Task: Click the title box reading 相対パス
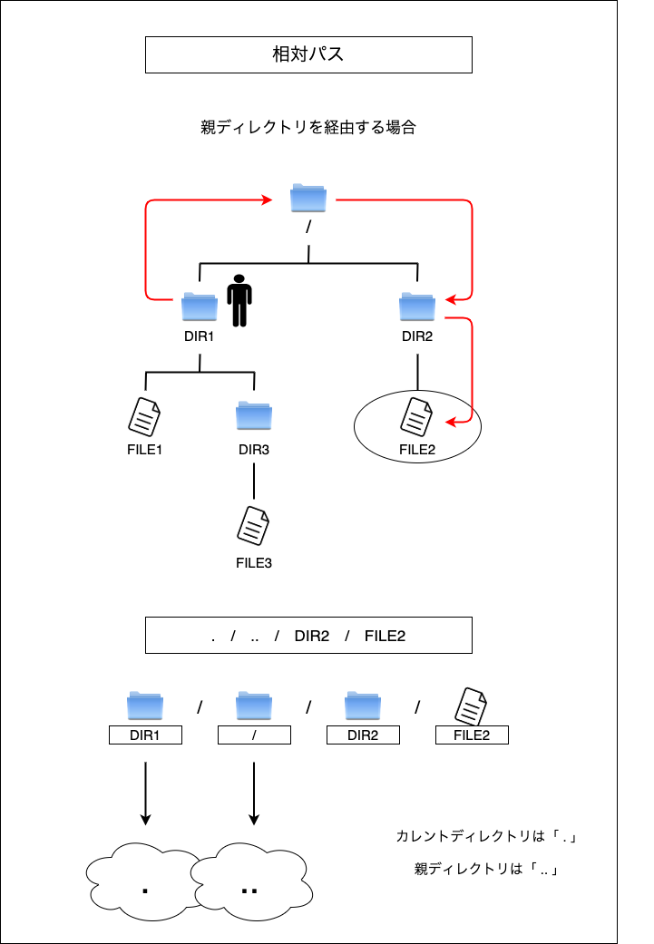pos(308,54)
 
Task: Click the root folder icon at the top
pos(308,198)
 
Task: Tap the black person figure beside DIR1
pos(239,300)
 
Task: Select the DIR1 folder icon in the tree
pos(200,307)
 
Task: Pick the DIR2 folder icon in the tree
pos(416,307)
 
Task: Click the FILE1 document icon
pos(144,416)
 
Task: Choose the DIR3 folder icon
pos(254,415)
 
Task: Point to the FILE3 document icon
pos(253,526)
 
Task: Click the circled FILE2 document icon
pos(416,416)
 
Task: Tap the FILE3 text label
pos(254,563)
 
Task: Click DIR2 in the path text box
pos(312,636)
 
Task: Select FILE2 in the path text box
pos(385,636)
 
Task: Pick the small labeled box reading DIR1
pos(145,735)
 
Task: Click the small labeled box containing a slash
pos(254,735)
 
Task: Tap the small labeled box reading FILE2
pos(473,735)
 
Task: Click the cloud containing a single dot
pos(143,882)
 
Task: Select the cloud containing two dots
pos(252,882)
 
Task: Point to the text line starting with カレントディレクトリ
pos(486,836)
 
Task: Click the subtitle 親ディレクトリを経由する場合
pos(308,127)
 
